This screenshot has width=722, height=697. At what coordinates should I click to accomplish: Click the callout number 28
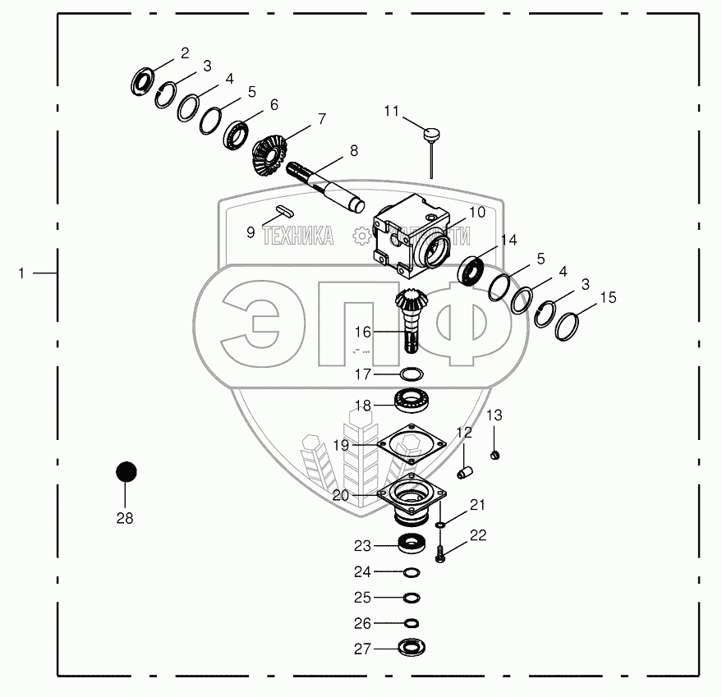coord(125,519)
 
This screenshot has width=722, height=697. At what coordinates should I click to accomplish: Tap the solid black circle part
coord(125,472)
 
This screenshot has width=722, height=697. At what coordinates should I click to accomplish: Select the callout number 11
coord(391,110)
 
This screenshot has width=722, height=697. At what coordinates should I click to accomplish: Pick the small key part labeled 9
coord(283,212)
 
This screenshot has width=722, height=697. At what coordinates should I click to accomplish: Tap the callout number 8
coord(353,151)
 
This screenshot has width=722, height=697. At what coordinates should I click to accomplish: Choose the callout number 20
coord(341,496)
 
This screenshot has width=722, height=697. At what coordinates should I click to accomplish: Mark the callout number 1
coord(22,272)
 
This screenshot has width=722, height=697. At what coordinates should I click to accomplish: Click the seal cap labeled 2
coord(145,82)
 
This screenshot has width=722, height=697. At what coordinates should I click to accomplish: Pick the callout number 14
coord(508,241)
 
